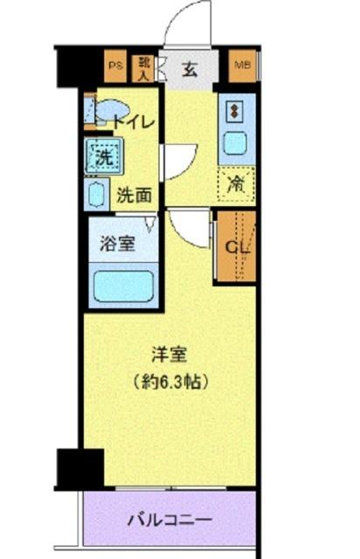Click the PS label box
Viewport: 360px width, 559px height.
tap(114, 65)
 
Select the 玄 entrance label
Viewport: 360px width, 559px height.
tap(190, 71)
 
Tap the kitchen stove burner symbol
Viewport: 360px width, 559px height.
tap(235, 109)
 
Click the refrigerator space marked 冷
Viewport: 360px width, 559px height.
tap(236, 183)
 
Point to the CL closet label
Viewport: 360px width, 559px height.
tap(236, 245)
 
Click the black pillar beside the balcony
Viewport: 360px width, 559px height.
tap(79, 469)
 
